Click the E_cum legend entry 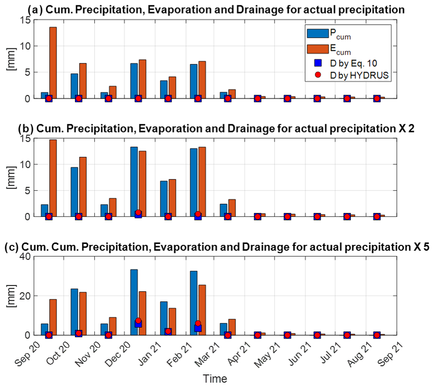[333, 49]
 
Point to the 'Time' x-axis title [215, 378]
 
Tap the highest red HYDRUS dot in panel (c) [138, 320]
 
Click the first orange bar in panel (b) [53, 178]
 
